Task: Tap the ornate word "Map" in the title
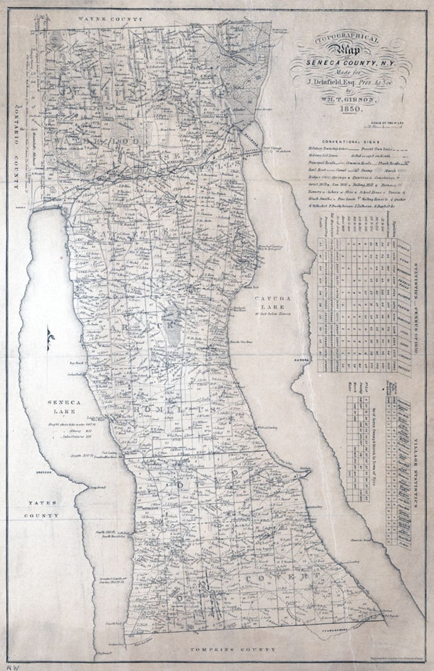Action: point(349,52)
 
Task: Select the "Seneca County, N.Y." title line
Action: point(350,65)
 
